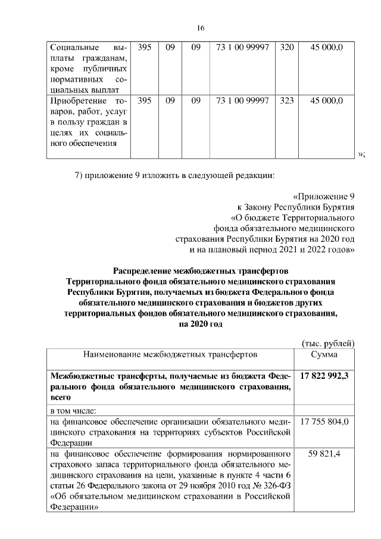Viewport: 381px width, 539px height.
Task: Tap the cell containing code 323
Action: (x=286, y=101)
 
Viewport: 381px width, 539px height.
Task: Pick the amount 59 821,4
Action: (x=325, y=454)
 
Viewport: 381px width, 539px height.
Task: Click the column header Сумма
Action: (x=325, y=355)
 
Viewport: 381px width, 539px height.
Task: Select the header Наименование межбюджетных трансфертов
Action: (x=170, y=355)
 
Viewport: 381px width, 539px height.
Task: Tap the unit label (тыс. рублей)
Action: (x=328, y=343)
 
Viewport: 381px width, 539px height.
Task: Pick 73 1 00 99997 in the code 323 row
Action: (x=242, y=101)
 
